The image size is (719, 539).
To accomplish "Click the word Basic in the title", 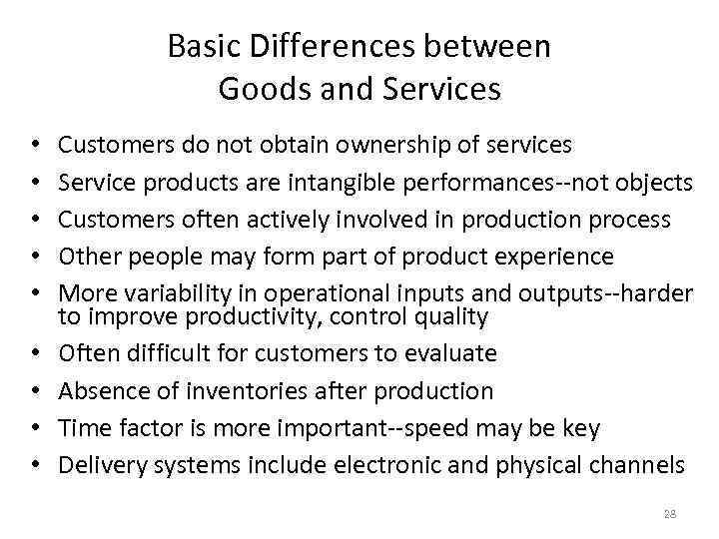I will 195,46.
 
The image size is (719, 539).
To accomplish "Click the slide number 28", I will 669,513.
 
